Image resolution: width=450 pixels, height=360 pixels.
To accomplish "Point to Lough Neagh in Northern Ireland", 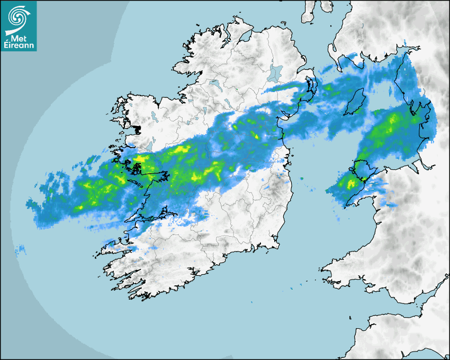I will pos(275,72).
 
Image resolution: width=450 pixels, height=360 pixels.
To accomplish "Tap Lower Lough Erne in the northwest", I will pos(214,83).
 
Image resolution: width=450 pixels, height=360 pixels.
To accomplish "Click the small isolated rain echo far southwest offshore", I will pos(21,248).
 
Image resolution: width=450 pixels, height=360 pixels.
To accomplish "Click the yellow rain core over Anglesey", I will pos(351,184).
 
